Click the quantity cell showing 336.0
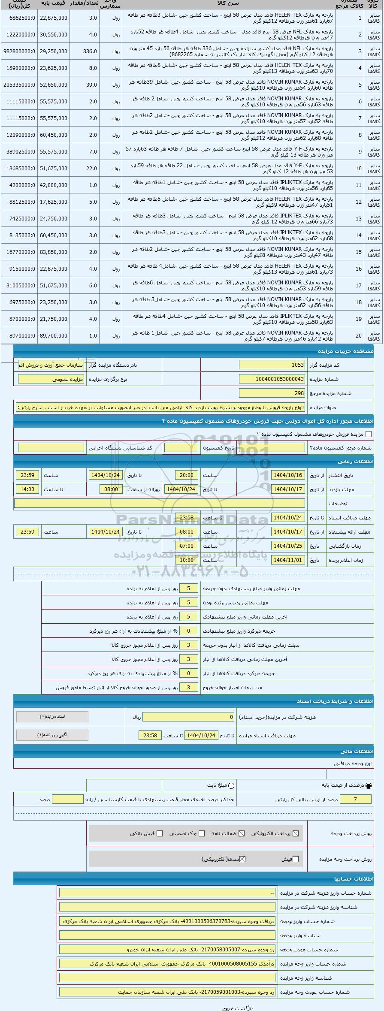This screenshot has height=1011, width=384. [85, 51]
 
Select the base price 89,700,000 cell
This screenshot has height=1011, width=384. [53, 336]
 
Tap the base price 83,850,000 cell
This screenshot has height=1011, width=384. [53, 252]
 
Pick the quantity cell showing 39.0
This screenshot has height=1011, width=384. [85, 85]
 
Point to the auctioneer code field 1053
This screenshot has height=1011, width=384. [272, 365]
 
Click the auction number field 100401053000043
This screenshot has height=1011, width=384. [272, 379]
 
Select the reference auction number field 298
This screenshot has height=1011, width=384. [272, 393]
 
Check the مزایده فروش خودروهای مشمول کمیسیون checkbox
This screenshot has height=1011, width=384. [369, 434]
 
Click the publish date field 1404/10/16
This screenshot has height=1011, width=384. [288, 475]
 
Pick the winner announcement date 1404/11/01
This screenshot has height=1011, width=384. [288, 560]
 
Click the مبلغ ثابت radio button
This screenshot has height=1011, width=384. [232, 786]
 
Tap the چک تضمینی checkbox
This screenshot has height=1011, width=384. [202, 833]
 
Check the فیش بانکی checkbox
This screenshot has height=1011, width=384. [160, 833]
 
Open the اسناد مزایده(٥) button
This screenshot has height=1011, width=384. [52, 717]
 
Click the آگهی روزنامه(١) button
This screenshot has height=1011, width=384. [52, 735]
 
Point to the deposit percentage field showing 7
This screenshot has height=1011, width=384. [355, 799]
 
